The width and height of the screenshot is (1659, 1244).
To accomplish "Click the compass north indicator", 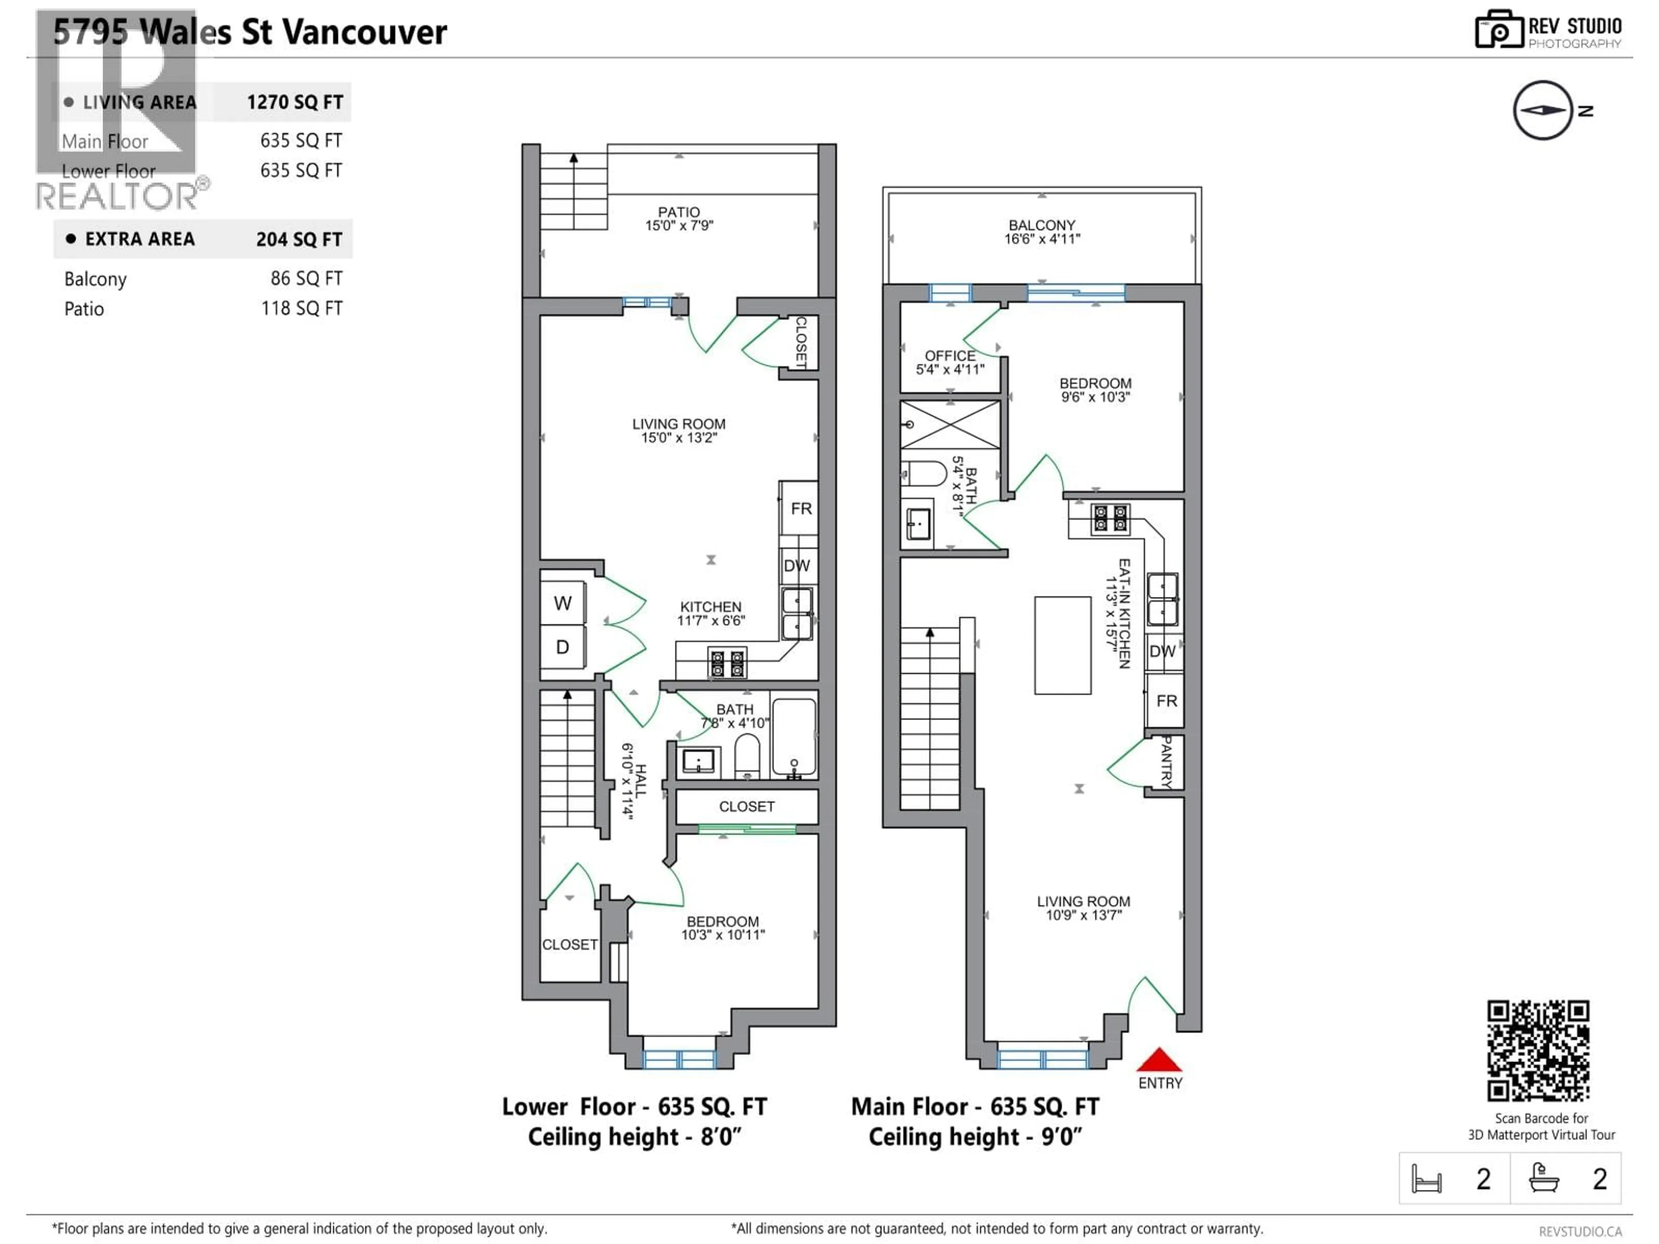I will pyautogui.click(x=1543, y=110).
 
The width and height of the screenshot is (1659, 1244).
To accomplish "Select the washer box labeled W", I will pyautogui.click(x=563, y=603).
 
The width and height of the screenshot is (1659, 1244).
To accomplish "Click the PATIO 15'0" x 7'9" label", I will pyautogui.click(x=679, y=218).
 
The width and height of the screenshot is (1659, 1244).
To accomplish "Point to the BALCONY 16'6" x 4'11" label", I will pyautogui.click(x=1042, y=232).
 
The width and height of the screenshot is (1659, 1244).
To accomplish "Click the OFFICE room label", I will pyautogui.click(x=950, y=362).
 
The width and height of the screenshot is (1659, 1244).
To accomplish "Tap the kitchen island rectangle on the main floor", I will pyautogui.click(x=1062, y=645).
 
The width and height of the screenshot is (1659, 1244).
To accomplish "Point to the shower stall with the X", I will pyautogui.click(x=950, y=425).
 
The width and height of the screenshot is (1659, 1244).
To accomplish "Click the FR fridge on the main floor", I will pyautogui.click(x=1166, y=700).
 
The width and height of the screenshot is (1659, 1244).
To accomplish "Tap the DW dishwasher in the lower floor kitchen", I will pyautogui.click(x=797, y=565).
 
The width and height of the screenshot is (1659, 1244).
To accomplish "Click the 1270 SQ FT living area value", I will pyautogui.click(x=295, y=102).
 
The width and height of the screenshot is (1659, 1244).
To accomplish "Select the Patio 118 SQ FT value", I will pyautogui.click(x=302, y=308).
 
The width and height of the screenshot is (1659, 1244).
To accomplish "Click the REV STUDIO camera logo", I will pyautogui.click(x=1498, y=30).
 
